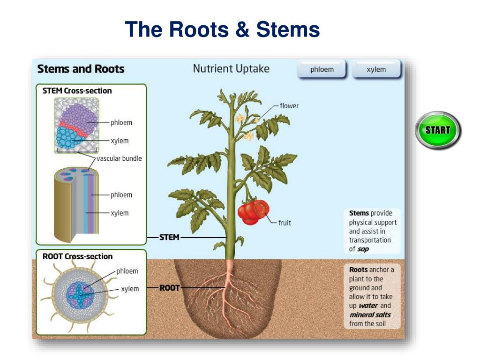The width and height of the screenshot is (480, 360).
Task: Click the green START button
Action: [x=438, y=130]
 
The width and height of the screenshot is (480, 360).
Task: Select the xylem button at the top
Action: [x=376, y=69]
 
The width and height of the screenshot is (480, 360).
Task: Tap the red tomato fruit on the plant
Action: [x=253, y=212]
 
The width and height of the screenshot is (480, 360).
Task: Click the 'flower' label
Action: [x=289, y=105]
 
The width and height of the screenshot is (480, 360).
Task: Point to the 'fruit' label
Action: [x=285, y=223]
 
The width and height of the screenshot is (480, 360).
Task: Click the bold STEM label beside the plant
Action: [x=169, y=237]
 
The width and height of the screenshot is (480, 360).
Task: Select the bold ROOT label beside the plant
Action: [x=170, y=288]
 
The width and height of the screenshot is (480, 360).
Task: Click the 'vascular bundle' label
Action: [x=119, y=158]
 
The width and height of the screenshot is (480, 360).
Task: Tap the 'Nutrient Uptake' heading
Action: [x=231, y=68]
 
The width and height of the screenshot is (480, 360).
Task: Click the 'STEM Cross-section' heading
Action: [x=77, y=90]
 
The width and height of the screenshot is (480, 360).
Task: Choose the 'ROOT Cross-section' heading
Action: [x=77, y=256]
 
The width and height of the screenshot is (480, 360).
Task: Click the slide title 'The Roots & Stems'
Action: [x=222, y=29]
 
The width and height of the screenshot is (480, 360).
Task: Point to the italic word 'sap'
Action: [x=363, y=249]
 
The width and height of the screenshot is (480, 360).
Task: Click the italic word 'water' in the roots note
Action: [x=368, y=306]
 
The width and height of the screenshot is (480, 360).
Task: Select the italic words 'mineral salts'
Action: [x=370, y=315]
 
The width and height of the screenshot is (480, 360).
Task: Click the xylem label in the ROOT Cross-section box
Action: [x=130, y=289]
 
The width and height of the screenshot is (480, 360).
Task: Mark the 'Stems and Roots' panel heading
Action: [x=81, y=69]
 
